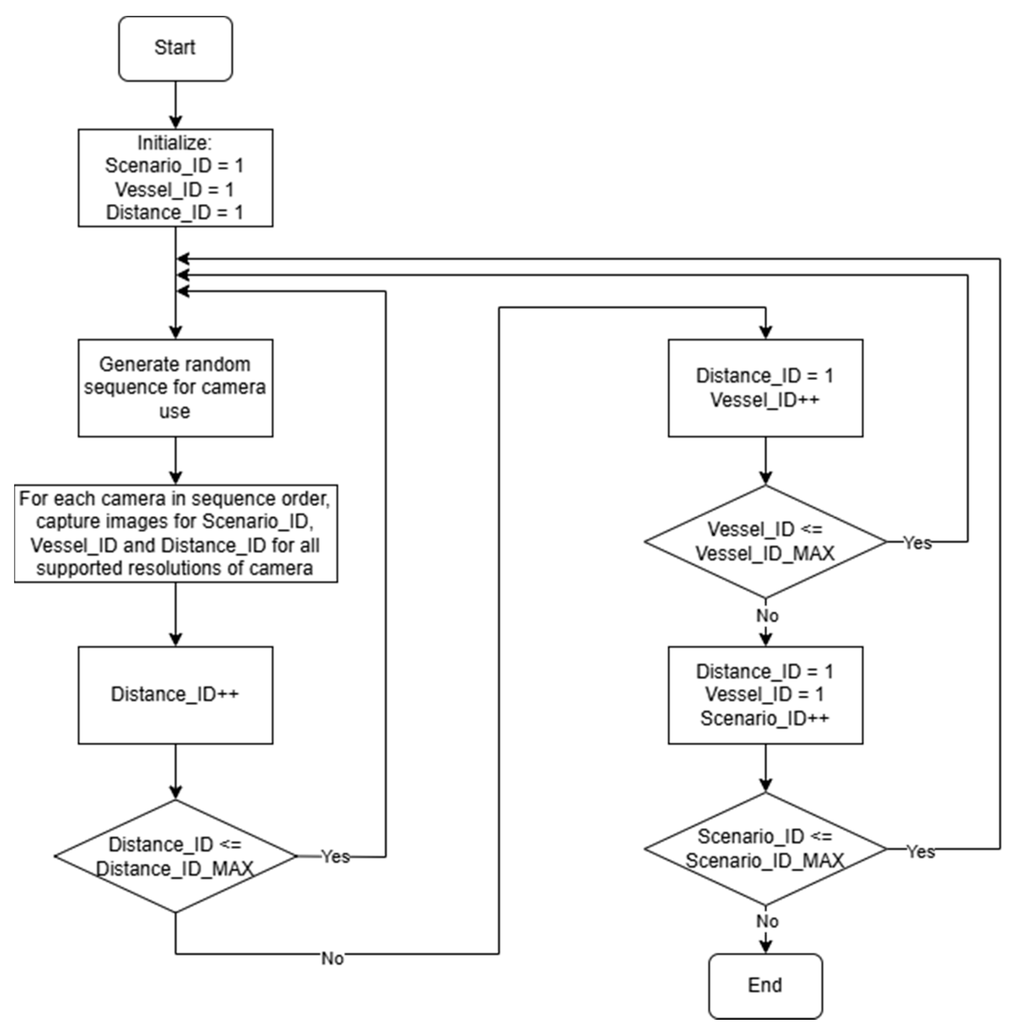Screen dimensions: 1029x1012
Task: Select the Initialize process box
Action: pyautogui.click(x=175, y=177)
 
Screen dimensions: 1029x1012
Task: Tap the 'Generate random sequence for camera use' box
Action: pyautogui.click(x=175, y=388)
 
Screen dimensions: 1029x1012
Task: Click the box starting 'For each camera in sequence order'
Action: pyautogui.click(x=175, y=533)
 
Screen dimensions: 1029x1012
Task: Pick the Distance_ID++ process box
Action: pyautogui.click(x=175, y=695)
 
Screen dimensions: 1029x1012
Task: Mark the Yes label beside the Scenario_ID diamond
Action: pyautogui.click(x=920, y=852)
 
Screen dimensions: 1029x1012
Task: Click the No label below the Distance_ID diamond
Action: pyautogui.click(x=332, y=958)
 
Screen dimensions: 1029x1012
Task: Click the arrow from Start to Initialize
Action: pyautogui.click(x=175, y=105)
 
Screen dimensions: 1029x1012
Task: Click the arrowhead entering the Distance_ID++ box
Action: pyautogui.click(x=175, y=639)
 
